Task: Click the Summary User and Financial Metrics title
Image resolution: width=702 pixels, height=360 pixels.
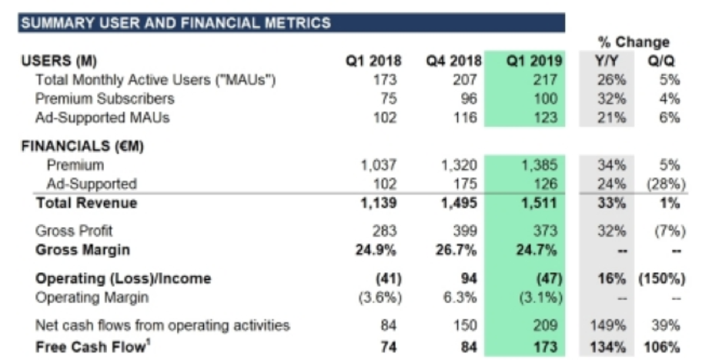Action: point(176,22)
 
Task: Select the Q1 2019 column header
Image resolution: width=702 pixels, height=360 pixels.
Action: point(534,61)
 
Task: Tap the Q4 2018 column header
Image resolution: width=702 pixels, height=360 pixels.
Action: point(453,61)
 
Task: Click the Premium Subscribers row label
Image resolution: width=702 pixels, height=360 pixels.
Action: point(105,98)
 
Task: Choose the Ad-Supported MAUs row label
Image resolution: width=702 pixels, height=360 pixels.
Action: point(102,118)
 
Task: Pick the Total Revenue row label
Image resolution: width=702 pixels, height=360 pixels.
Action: point(86,203)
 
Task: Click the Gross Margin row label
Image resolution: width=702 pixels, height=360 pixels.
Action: point(82,250)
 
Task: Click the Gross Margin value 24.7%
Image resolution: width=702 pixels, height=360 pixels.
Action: point(543,250)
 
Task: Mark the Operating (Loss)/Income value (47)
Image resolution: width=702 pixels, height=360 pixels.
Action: point(548,278)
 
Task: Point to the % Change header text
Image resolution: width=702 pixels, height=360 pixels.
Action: point(633,42)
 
